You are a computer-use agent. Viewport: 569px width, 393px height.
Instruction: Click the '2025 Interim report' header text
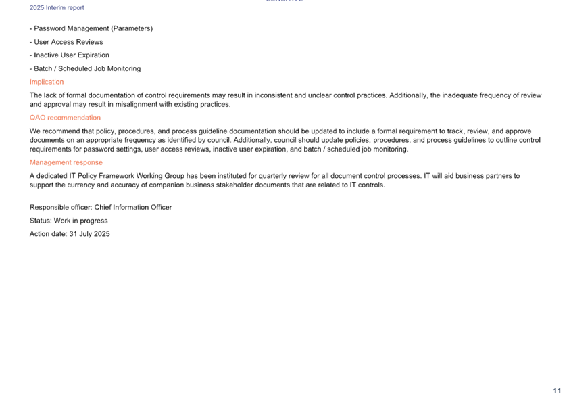tap(57, 7)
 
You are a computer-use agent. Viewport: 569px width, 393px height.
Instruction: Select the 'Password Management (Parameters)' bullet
tap(91, 28)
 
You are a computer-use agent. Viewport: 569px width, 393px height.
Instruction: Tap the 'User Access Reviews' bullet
tap(66, 42)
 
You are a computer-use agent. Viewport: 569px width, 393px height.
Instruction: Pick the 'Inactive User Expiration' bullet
tap(70, 55)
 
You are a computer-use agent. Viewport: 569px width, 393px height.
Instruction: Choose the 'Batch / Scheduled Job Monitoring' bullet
tap(85, 68)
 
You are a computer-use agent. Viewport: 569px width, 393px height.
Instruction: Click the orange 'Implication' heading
tap(47, 82)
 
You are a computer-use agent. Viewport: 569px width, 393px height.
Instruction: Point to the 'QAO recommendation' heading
tap(65, 118)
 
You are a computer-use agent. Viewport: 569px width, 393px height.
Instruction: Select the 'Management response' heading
tap(66, 162)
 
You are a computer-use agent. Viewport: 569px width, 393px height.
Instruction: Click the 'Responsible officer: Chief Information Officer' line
tap(101, 208)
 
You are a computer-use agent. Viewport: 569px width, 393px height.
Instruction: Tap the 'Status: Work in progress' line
tap(68, 221)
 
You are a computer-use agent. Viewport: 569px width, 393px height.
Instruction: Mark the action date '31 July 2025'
tap(89, 234)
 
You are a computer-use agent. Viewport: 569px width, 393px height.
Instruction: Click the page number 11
tap(557, 390)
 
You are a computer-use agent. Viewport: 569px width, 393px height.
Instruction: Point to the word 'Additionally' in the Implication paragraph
tap(408, 95)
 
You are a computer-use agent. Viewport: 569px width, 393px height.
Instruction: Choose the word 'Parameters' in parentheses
tap(132, 28)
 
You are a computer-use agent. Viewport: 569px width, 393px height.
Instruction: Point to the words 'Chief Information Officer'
tap(133, 208)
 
